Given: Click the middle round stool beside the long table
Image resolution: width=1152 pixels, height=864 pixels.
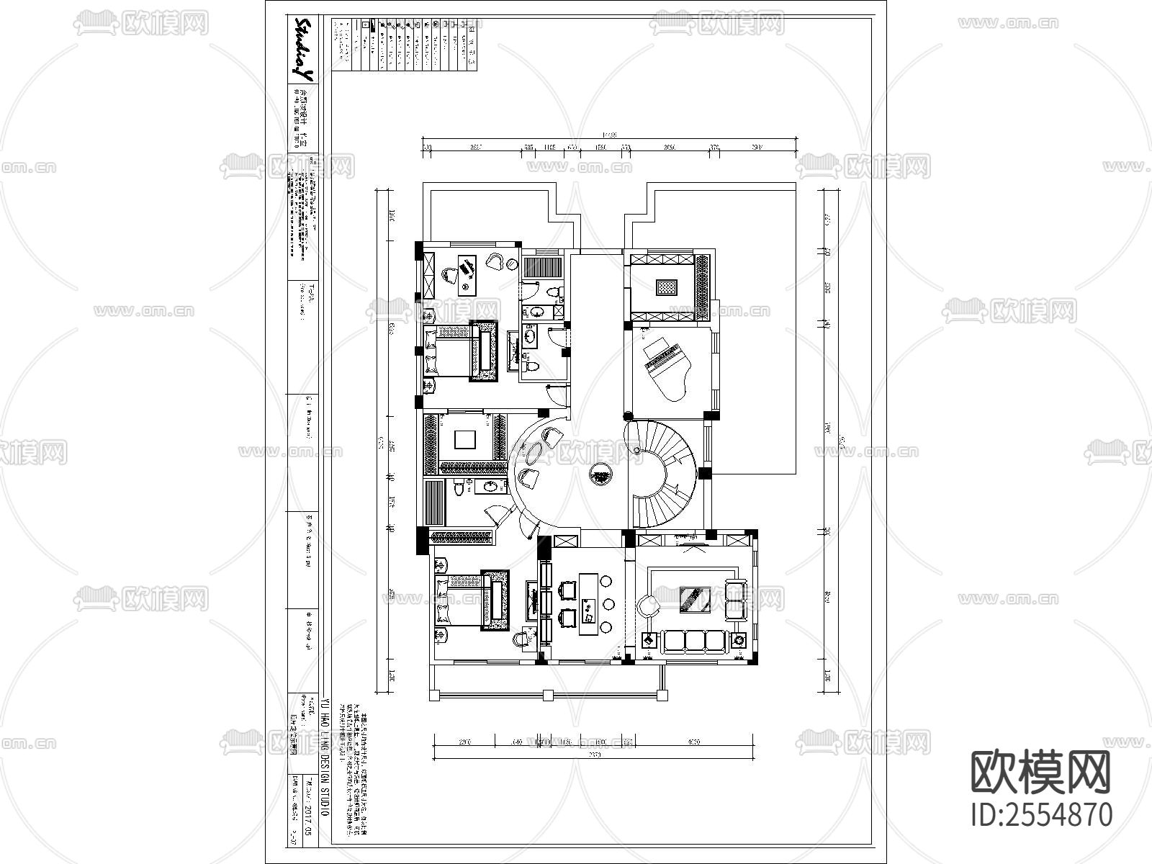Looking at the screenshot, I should click(608, 603).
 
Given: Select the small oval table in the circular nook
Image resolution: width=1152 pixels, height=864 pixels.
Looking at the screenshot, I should click(534, 453).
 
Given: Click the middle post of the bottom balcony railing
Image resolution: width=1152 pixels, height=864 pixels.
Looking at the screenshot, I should click(548, 695).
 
